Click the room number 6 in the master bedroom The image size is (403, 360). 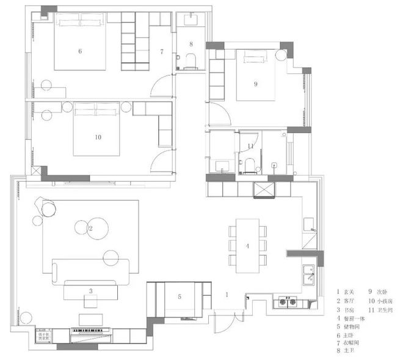80,51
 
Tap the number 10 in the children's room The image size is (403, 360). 98,137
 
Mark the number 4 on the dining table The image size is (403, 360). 247,246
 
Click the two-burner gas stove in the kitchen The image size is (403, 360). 288,301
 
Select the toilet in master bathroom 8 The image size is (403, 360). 190,59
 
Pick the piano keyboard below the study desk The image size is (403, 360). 92,331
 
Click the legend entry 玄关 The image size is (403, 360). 350,293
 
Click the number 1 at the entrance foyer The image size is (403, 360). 227,295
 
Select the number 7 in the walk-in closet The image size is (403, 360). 162,51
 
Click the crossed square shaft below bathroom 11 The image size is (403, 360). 264,189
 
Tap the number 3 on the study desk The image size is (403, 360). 90,292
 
